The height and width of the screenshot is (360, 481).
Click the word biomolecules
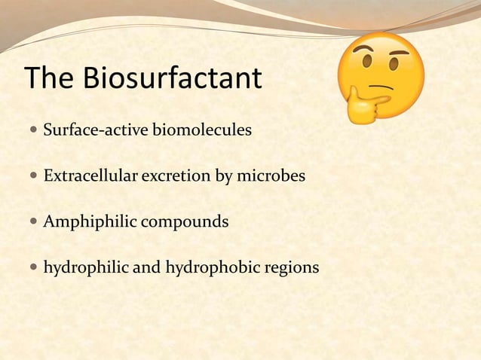click(202, 132)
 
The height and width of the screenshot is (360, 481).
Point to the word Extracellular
click(88, 177)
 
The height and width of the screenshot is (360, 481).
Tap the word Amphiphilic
click(86, 223)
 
